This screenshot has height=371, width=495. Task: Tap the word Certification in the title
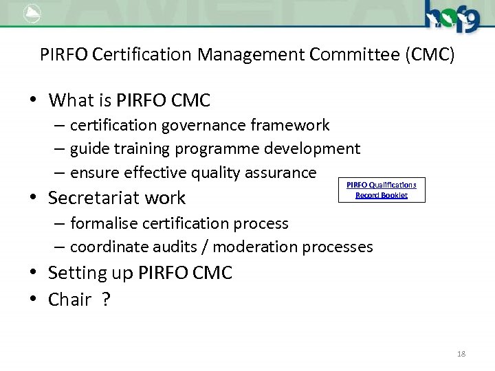pos(143,54)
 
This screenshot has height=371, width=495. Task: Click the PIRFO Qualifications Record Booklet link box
pos(382,190)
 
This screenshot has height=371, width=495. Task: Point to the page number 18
pos(461,354)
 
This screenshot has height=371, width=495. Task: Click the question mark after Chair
pos(105,300)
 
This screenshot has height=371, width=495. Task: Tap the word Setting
pos(74,273)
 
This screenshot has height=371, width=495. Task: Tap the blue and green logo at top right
pos(451,16)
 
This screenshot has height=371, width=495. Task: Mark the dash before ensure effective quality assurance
pos(61,172)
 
